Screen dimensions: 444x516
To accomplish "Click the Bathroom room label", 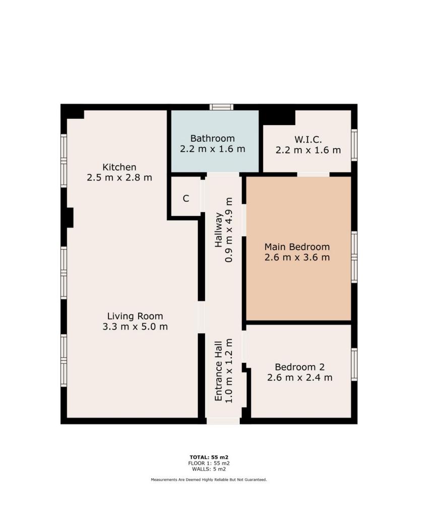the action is pos(212,138).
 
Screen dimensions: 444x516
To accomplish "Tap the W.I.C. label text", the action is pos(308,140).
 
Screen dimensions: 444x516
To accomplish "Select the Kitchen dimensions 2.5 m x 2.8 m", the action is pos(119,178).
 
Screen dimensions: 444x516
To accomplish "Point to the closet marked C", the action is pos(186,199).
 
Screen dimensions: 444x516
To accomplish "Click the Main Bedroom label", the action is pos(297,247).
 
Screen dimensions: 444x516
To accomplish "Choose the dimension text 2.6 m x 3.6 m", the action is pos(297,257).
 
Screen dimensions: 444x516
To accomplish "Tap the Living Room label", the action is pos(135,316).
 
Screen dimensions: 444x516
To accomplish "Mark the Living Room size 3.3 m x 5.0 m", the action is pos(135,327).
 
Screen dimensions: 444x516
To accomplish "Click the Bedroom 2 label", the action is pos(299,367).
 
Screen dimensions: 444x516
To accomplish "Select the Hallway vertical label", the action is pos(219,230).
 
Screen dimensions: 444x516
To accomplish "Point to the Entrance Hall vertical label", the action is pos(219,371).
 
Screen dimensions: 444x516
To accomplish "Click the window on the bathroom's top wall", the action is pos(222,107).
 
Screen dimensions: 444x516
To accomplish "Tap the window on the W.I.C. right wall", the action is pos(354,145).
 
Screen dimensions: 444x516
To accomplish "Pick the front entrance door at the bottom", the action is pos(223,421).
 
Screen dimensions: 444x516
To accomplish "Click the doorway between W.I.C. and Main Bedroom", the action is pos(313,174).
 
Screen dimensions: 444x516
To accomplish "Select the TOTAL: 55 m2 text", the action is pos(209,457).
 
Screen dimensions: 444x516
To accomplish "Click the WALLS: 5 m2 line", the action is pos(209,469).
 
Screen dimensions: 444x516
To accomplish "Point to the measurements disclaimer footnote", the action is pos(209,480).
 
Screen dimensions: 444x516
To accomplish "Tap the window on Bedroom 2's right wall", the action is pos(354,364).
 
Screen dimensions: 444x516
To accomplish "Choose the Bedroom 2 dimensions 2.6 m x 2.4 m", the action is pos(299,377).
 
